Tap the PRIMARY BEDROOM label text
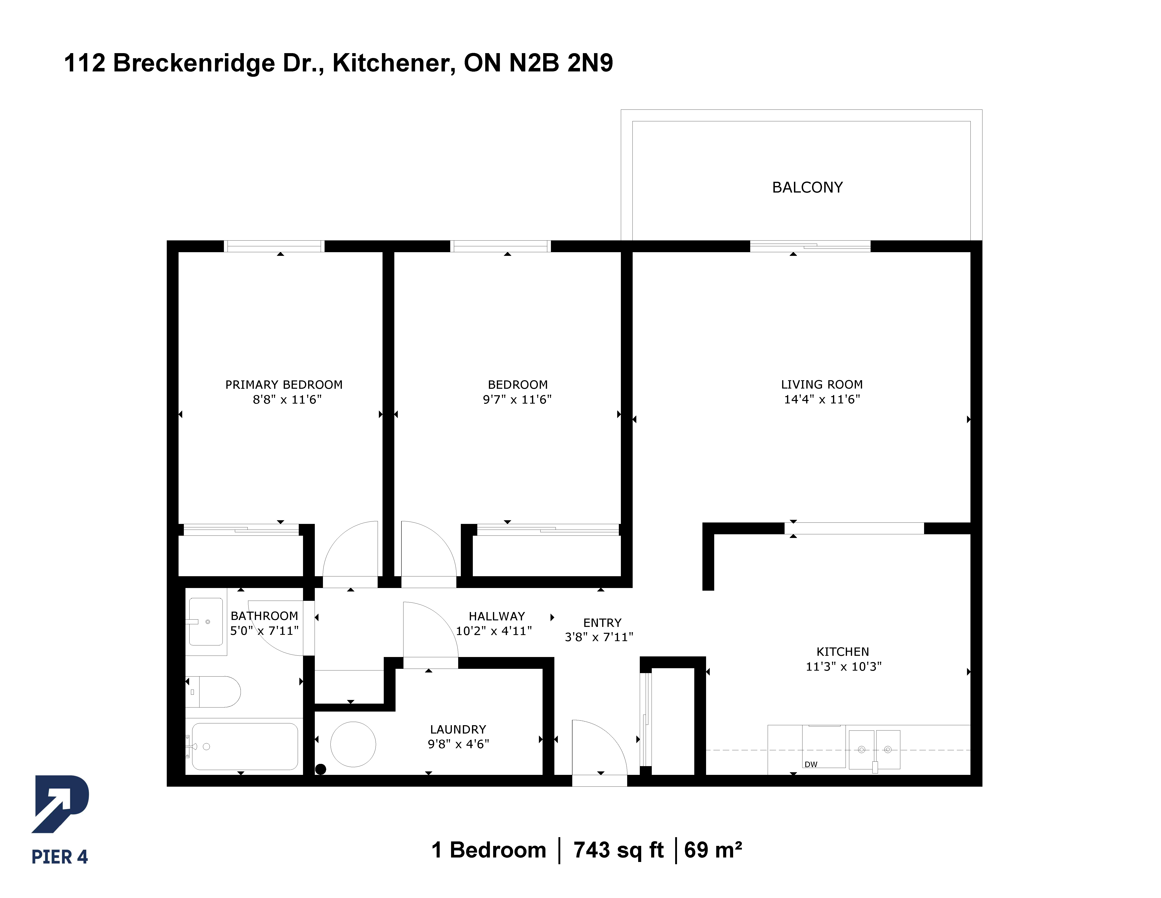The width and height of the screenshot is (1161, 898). tap(284, 385)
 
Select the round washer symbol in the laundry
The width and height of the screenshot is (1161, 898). tap(353, 744)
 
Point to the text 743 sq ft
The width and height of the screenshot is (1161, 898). tap(618, 850)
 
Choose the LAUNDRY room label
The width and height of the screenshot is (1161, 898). tap(458, 729)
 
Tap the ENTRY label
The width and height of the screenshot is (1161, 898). tap(602, 623)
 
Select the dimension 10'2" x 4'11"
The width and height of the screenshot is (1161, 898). tap(494, 631)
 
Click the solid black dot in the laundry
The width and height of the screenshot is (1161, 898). tap(321, 769)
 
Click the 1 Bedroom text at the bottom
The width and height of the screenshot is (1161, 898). tap(488, 850)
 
